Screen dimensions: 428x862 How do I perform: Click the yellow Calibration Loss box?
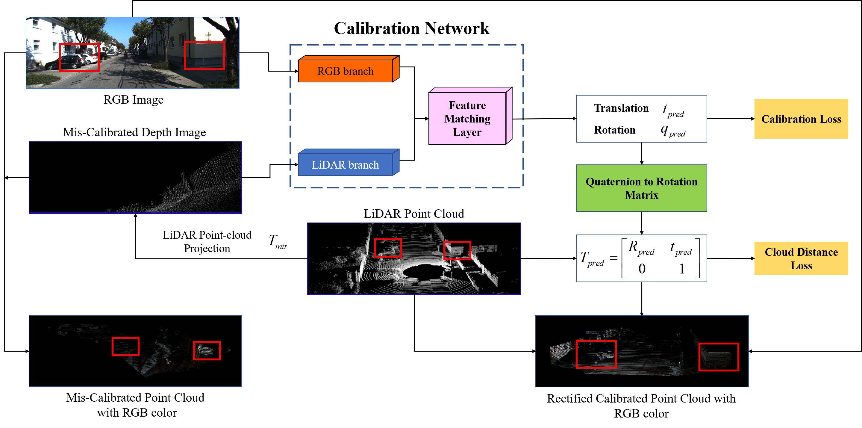801,119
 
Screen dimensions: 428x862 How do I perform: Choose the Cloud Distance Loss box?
801,258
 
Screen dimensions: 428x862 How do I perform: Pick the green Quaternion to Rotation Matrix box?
641,188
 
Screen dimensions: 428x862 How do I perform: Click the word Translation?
621,108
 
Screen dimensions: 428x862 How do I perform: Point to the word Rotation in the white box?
614,130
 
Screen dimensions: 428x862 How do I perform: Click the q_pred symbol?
672,131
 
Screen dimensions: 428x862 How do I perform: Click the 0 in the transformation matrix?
641,269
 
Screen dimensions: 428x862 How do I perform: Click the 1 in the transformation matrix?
682,269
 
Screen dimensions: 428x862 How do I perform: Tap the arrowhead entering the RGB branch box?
296,71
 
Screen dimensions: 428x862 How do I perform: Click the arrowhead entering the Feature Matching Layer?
427,119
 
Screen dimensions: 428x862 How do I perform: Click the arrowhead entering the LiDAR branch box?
296,165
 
